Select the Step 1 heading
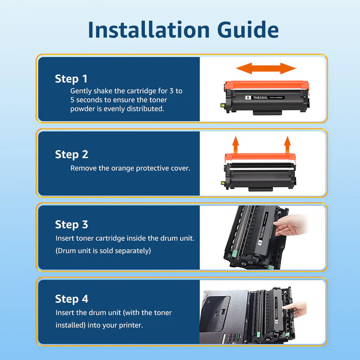tap(71, 79)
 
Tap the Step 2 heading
tap(71, 154)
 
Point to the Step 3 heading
tap(71, 225)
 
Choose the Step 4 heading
tap(71, 299)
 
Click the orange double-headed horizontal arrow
tap(266, 68)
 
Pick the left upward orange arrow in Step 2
tap(235, 143)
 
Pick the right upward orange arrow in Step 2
tap(287, 143)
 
